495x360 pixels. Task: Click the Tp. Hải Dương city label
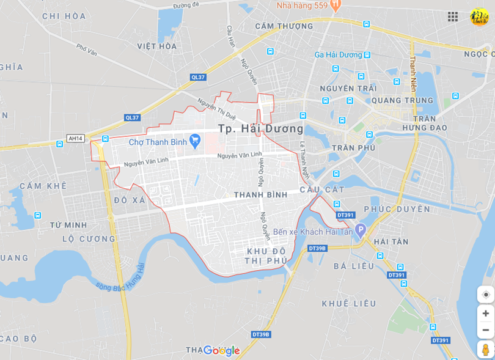(261, 129)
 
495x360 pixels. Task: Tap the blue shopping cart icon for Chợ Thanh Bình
(195, 142)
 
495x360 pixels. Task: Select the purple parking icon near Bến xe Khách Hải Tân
(360, 231)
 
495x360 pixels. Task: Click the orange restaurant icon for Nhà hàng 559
(334, 6)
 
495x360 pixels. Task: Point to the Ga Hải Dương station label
(338, 55)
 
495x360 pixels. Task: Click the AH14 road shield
(76, 139)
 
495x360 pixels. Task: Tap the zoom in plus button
(485, 314)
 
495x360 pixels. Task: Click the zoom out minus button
(485, 330)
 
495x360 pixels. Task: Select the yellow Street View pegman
(485, 350)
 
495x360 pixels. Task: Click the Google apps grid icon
(453, 17)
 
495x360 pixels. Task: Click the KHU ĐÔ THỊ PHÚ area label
(266, 256)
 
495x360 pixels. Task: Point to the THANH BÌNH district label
(260, 195)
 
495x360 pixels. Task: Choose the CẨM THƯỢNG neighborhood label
(284, 26)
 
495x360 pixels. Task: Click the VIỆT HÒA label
(157, 46)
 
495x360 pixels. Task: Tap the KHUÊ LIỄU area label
(349, 304)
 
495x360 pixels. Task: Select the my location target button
(485, 295)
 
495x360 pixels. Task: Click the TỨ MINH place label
(68, 225)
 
